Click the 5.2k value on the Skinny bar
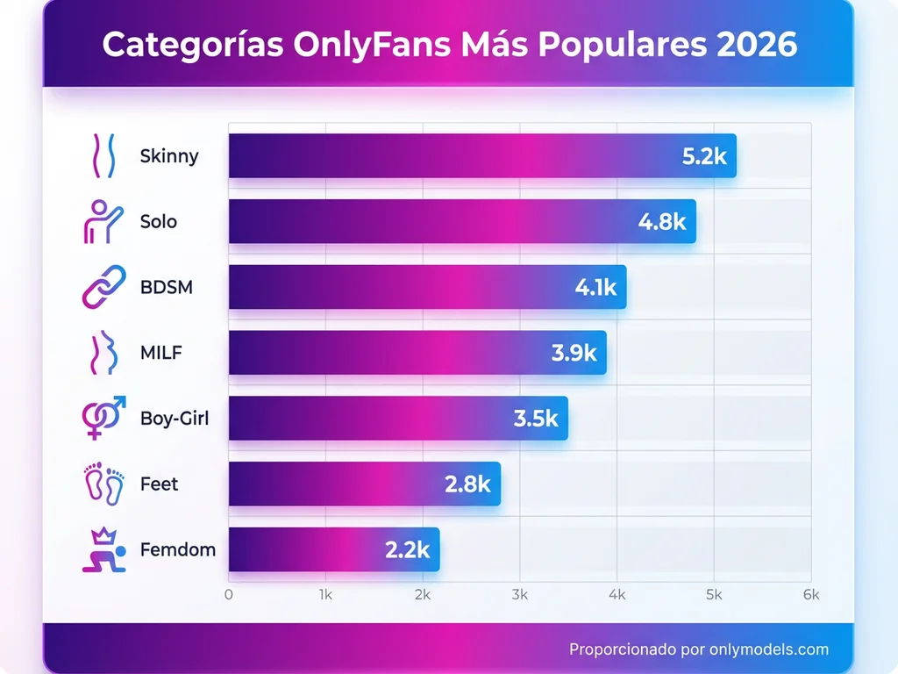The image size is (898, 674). click(x=704, y=156)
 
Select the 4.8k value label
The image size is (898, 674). click(x=661, y=222)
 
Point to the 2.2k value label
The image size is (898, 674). click(x=407, y=550)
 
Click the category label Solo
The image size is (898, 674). click(x=159, y=222)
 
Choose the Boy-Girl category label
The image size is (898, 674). click(x=175, y=419)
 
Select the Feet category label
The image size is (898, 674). click(x=159, y=484)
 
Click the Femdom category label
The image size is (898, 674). click(x=178, y=550)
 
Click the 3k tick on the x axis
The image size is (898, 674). click(x=519, y=595)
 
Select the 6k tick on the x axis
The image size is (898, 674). click(x=810, y=595)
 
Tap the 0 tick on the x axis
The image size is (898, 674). click(x=229, y=595)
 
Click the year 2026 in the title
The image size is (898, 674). click(x=757, y=45)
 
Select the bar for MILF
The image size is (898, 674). click(x=417, y=353)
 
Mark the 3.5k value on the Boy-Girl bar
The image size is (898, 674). click(x=536, y=419)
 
